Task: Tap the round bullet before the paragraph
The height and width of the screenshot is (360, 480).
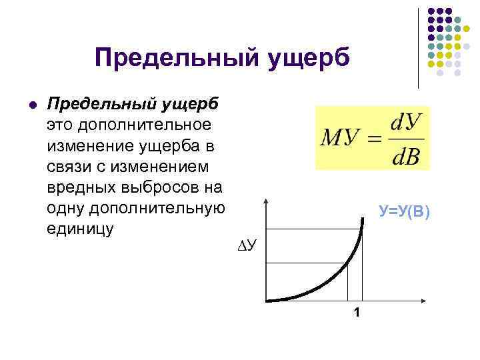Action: tap(33, 105)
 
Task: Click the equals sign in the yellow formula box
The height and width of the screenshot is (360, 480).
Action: tap(376, 139)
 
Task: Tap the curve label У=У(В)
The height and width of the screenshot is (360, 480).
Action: tap(405, 212)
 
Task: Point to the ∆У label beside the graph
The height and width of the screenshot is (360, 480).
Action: tap(250, 247)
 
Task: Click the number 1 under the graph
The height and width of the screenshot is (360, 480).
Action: tap(357, 313)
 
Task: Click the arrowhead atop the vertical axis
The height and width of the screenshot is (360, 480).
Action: tap(266, 201)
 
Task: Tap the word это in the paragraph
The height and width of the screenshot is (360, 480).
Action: tap(60, 125)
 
